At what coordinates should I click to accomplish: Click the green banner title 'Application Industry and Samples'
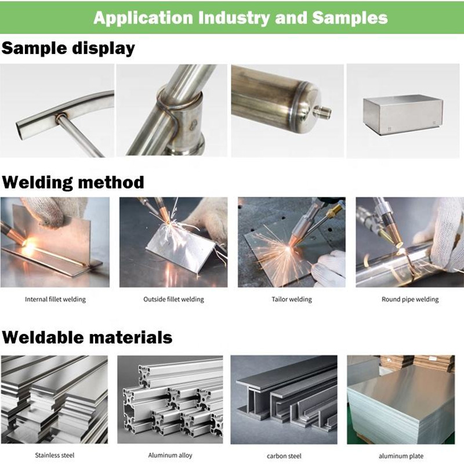click(x=240, y=17)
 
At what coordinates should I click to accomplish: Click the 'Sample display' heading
click(x=68, y=48)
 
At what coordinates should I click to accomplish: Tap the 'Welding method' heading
click(x=72, y=183)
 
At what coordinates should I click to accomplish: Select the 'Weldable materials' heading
click(x=86, y=337)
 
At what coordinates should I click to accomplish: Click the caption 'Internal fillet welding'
click(x=55, y=300)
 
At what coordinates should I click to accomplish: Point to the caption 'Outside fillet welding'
click(x=173, y=300)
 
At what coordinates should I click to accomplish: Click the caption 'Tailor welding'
click(x=291, y=300)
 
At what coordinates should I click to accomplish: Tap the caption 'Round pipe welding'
click(x=409, y=300)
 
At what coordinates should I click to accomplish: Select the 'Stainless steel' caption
click(x=55, y=455)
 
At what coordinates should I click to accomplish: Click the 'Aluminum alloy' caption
click(x=170, y=455)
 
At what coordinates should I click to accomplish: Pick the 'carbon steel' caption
click(x=284, y=456)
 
